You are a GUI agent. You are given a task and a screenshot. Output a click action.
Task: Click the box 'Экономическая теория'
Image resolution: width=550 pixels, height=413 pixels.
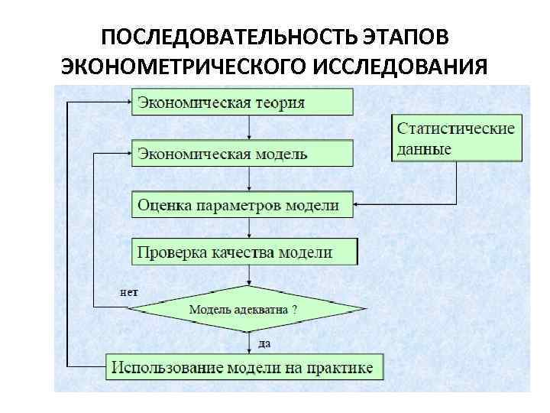click(x=242, y=101)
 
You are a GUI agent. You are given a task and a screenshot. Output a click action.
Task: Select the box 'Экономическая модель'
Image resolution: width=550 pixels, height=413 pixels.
click(x=242, y=153)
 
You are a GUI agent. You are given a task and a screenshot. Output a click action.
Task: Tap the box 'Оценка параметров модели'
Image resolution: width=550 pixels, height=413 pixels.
click(x=242, y=205)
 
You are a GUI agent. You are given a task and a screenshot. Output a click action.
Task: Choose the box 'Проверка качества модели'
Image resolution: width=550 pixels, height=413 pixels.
click(x=244, y=252)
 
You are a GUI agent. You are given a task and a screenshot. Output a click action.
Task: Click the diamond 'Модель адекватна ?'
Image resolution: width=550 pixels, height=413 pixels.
click(x=247, y=310)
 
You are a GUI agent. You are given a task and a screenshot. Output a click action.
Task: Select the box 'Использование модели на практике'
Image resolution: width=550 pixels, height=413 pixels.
click(x=244, y=367)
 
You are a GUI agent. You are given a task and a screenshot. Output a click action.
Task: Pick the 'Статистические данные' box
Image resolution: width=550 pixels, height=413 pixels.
click(x=456, y=138)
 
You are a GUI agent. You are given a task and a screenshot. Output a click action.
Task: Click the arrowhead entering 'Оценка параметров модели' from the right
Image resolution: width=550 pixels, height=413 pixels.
click(x=357, y=205)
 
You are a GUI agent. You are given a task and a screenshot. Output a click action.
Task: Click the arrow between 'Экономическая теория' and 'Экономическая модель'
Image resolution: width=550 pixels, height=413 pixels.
click(x=249, y=127)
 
